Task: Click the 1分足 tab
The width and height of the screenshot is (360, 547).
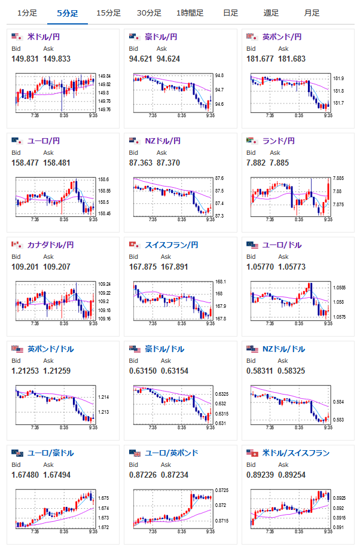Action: coord(27,13)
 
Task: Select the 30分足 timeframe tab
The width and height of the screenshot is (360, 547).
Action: coord(148,13)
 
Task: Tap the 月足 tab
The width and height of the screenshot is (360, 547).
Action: coord(311,13)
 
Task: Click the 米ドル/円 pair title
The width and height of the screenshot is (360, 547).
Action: coord(44,37)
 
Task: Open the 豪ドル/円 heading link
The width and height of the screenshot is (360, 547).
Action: coord(162,37)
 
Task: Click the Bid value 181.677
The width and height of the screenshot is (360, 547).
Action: coord(260,59)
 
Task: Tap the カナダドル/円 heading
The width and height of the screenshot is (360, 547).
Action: coord(51,245)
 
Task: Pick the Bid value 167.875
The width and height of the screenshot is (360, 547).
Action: coord(142,267)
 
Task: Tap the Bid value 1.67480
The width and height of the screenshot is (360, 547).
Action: coord(25,475)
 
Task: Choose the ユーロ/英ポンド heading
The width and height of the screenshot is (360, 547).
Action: coord(172,453)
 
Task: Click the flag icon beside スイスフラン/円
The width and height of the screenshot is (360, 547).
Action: coord(134,245)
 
